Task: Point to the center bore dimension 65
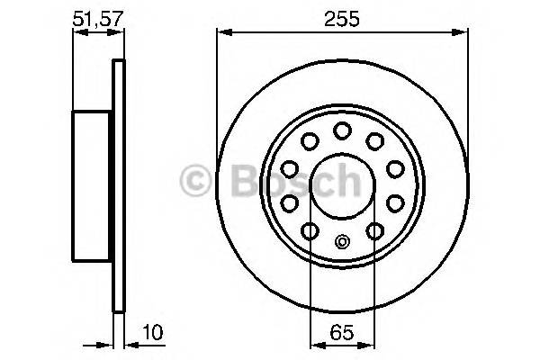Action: point(342,331)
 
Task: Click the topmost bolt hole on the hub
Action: point(342,131)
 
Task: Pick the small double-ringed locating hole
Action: point(342,240)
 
